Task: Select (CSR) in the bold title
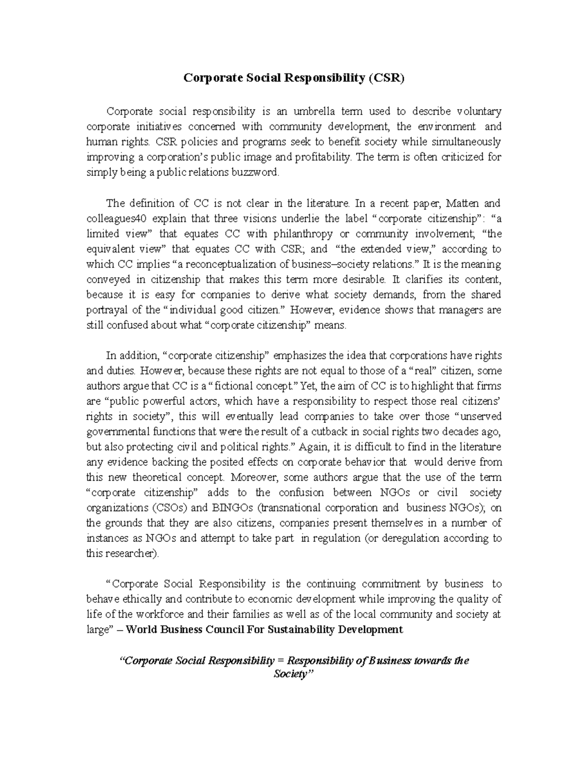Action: tap(387, 78)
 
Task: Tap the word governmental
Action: tap(118, 431)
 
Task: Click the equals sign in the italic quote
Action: tap(280, 661)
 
